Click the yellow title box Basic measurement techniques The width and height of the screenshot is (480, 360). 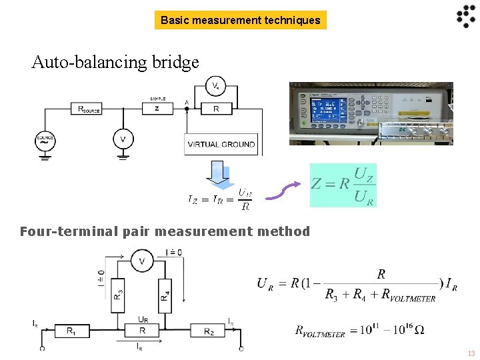pos(240,21)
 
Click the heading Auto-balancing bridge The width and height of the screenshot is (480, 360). pos(115,63)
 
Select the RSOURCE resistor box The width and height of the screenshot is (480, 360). pos(89,109)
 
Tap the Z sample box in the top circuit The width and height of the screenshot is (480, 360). pos(157,109)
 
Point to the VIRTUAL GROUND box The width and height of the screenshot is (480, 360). pos(221,144)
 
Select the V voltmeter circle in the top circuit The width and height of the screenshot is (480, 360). pos(122,139)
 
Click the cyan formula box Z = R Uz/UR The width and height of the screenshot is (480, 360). pos(343,185)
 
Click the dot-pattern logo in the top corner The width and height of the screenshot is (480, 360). pos(465,17)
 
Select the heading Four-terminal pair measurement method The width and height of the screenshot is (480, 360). pos(165,232)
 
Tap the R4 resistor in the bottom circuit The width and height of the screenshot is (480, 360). pos(164,292)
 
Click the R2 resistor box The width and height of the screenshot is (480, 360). pos(209,331)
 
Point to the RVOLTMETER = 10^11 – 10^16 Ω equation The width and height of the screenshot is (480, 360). pos(359,329)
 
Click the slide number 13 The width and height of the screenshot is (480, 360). pos(471,353)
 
